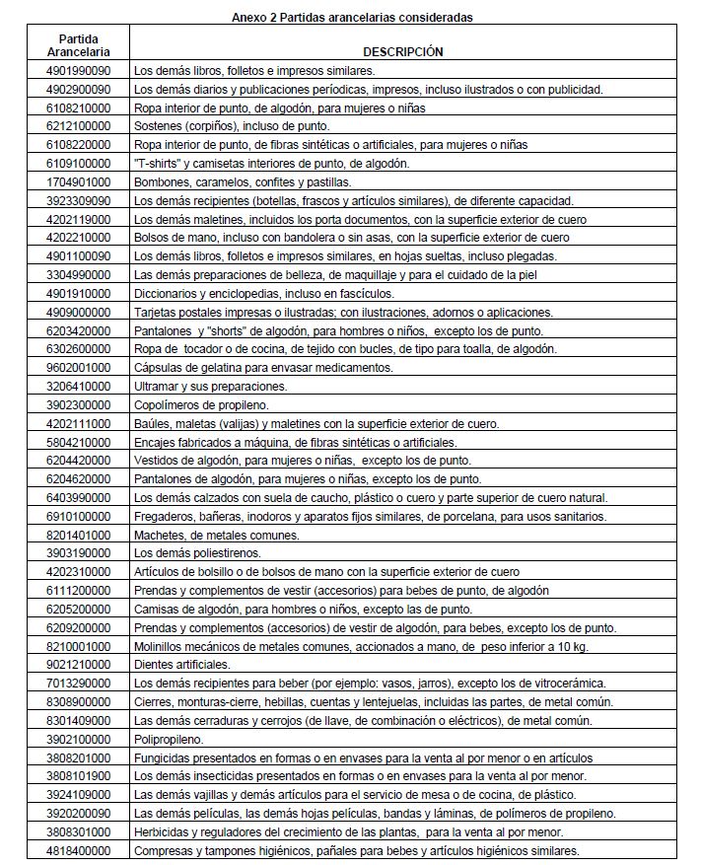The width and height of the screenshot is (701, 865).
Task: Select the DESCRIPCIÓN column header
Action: pos(402,51)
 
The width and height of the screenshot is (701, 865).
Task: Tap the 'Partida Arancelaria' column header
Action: pos(78,44)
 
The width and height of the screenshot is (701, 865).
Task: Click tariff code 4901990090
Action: pos(78,71)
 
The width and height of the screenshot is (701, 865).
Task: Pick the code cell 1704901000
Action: pos(78,182)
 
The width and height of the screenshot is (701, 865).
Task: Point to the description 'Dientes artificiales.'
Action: pos(181,665)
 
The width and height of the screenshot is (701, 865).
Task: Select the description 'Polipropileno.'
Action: pos(169,739)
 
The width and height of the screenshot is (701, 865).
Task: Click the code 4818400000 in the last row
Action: pos(78,850)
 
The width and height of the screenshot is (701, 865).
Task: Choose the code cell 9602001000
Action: pos(78,368)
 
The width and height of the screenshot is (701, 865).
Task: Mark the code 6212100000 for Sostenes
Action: pos(78,126)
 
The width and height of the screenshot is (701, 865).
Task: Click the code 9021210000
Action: pos(78,665)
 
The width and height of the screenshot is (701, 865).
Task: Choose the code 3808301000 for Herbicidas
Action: pos(78,831)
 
